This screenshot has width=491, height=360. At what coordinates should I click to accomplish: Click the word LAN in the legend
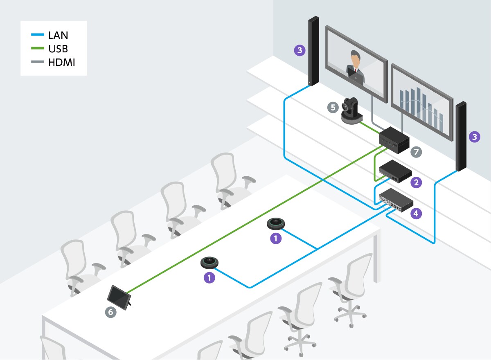[x=58, y=35]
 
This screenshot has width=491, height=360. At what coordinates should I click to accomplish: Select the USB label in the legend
[x=58, y=49]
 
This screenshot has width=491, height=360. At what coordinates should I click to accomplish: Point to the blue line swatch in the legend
[x=37, y=35]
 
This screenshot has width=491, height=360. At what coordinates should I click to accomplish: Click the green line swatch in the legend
[x=37, y=49]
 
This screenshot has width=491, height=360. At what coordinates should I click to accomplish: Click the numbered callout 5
[x=333, y=108]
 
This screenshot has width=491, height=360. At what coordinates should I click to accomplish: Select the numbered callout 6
[x=110, y=312]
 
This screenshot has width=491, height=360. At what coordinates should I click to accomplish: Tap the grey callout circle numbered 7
[x=416, y=152]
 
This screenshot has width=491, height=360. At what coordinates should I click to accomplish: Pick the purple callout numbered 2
[x=416, y=182]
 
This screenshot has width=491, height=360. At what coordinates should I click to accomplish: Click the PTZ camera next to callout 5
[x=351, y=111]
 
